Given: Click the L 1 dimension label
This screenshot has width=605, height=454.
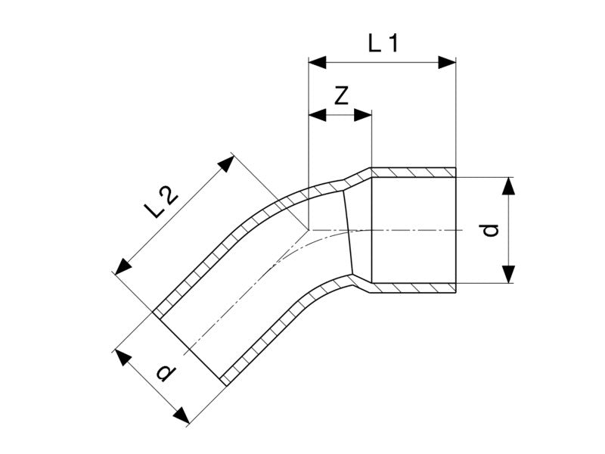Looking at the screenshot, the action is [x=383, y=43].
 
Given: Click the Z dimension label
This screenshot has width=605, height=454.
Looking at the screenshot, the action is [x=342, y=96].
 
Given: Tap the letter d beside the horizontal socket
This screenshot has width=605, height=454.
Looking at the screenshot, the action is [x=491, y=230].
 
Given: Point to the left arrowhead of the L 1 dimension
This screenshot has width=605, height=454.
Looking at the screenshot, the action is [x=317, y=62].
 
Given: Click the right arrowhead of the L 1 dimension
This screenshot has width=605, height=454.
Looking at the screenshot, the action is [x=447, y=62].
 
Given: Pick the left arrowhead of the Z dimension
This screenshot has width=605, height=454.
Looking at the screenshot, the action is [x=317, y=115].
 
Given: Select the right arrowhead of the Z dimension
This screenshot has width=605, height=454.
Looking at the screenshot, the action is [x=363, y=115].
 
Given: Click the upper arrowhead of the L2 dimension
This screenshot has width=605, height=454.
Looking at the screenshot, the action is [x=228, y=163].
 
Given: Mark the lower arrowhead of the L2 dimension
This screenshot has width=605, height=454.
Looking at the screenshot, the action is [x=123, y=267].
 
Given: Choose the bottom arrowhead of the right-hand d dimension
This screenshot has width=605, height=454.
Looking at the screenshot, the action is [x=509, y=274].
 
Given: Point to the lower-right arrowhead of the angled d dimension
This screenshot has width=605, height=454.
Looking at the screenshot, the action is [x=181, y=415].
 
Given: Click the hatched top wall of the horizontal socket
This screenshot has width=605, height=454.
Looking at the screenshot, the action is [x=413, y=173].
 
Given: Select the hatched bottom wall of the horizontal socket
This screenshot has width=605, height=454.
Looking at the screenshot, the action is [x=413, y=288].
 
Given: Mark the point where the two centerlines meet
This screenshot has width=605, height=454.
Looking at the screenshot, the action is [x=309, y=230].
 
